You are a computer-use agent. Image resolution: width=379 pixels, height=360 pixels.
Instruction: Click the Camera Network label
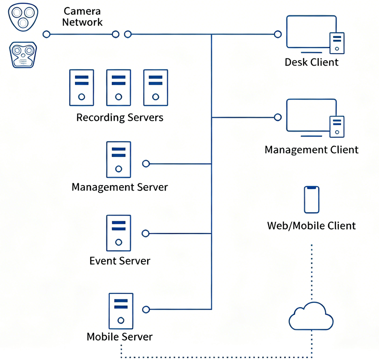(x=83, y=17)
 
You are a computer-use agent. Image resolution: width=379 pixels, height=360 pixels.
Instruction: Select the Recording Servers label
(x=119, y=118)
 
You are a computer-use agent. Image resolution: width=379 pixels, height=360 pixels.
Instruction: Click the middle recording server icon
(x=118, y=87)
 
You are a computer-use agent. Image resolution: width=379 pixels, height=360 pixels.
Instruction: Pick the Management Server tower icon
(x=118, y=160)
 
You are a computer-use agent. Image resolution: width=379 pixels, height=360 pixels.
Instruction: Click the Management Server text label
(x=119, y=186)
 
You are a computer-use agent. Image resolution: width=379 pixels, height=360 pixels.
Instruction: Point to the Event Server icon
(x=118, y=233)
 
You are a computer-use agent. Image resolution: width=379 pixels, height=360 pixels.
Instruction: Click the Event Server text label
(x=120, y=261)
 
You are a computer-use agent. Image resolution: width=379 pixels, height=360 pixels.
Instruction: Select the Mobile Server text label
(x=119, y=336)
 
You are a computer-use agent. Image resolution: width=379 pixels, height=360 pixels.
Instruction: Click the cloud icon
(x=311, y=316)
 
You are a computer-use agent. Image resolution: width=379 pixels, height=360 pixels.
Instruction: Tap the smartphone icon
(x=311, y=200)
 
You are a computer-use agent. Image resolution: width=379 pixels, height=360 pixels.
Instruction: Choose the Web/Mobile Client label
(x=311, y=225)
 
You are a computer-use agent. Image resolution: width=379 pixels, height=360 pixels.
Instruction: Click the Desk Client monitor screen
(x=311, y=31)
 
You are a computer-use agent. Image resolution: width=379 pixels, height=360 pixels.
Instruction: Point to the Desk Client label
(x=311, y=62)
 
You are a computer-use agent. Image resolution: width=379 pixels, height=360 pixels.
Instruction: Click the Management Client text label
(x=311, y=149)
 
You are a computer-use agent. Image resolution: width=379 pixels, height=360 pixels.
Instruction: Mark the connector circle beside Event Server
(x=145, y=233)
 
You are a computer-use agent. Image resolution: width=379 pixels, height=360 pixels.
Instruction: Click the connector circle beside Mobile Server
(x=146, y=309)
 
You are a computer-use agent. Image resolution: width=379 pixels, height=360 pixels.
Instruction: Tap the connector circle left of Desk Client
(x=278, y=34)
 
